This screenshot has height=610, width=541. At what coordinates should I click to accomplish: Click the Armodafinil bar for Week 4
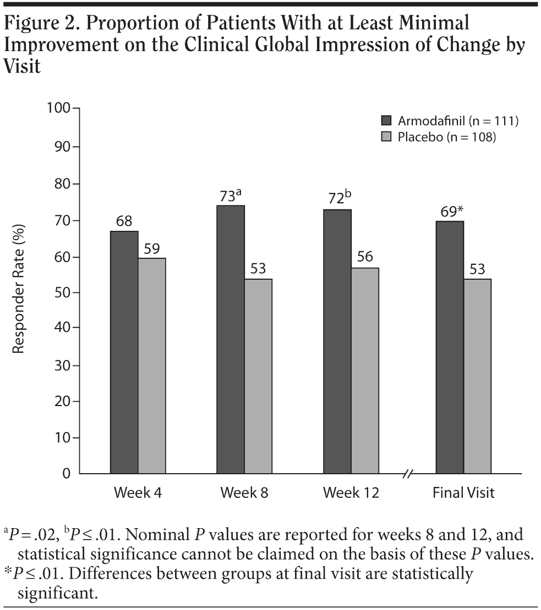pos(124,352)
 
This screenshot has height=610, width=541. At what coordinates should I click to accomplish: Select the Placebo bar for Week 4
pos(151,365)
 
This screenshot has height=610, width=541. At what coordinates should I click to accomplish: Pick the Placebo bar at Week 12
pos(365,370)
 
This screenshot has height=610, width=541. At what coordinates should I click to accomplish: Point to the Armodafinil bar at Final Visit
pos(450,347)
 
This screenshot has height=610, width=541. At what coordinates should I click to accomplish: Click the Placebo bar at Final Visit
pos(477,376)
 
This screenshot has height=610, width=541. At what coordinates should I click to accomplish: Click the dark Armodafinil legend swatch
pos(386,120)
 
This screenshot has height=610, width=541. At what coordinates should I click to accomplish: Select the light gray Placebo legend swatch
pos(386,137)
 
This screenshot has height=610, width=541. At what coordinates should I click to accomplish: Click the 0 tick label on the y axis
pos(67,474)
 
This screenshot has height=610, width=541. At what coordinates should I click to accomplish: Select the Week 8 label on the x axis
pos(244,492)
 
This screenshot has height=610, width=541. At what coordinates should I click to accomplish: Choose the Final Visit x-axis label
pos(463,492)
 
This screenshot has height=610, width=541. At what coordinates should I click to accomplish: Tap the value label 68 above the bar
pos(124,221)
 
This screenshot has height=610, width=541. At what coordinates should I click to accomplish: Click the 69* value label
pos(451,212)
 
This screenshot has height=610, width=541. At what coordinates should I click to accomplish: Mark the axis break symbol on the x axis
pos(408,474)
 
